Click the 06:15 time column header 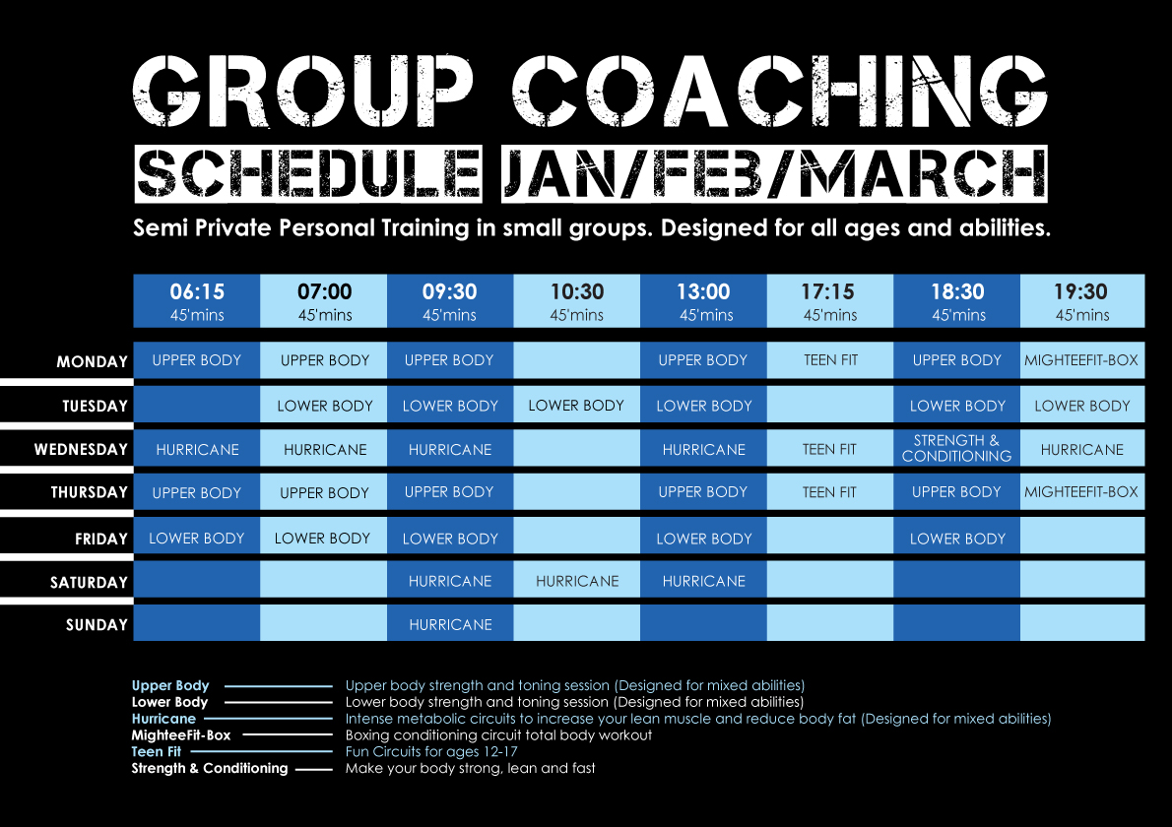pyautogui.click(x=197, y=301)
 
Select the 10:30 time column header pyautogui.click(x=576, y=301)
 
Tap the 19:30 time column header pyautogui.click(x=1081, y=301)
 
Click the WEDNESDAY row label pyautogui.click(x=81, y=450)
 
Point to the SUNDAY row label pyautogui.click(x=97, y=625)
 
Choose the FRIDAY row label pyautogui.click(x=100, y=539)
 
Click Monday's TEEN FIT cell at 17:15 pyautogui.click(x=829, y=360)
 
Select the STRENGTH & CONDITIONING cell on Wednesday pyautogui.click(x=956, y=448)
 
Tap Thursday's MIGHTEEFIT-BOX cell pyautogui.click(x=1081, y=492)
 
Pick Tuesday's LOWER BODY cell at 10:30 pyautogui.click(x=576, y=405)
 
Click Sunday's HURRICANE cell pyautogui.click(x=450, y=624)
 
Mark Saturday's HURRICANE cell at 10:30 pyautogui.click(x=576, y=581)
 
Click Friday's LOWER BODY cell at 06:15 pyautogui.click(x=197, y=538)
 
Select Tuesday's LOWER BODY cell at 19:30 pyautogui.click(x=1081, y=406)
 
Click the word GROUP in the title pyautogui.click(x=302, y=92)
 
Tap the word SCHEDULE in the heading pyautogui.click(x=308, y=174)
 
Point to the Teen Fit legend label pyautogui.click(x=157, y=751)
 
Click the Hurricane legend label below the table pyautogui.click(x=163, y=719)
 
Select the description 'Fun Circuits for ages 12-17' pyautogui.click(x=431, y=751)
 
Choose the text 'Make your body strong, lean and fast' pyautogui.click(x=470, y=768)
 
